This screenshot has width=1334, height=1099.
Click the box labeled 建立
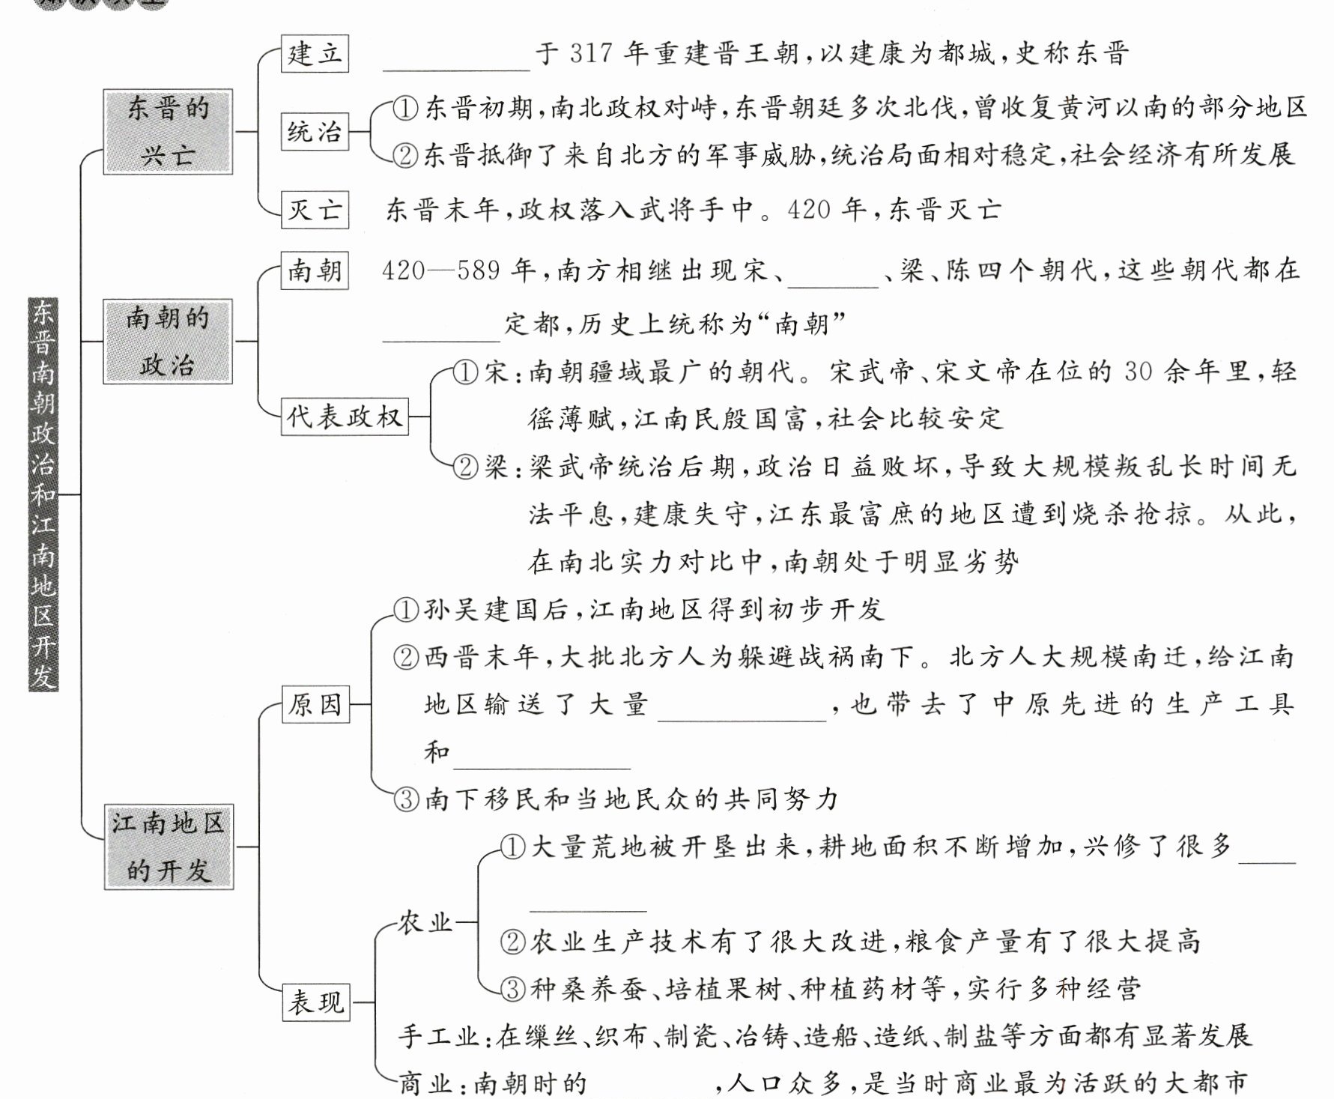(315, 54)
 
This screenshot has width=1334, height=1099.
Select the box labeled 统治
(315, 132)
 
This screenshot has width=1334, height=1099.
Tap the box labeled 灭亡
(315, 209)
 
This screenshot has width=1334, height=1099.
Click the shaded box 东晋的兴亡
(168, 132)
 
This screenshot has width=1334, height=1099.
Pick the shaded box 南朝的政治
(168, 342)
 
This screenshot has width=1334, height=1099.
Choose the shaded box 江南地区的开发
(169, 847)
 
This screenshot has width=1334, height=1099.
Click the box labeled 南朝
(315, 270)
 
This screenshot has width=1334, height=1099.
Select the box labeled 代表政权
(345, 417)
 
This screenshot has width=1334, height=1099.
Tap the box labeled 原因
(315, 704)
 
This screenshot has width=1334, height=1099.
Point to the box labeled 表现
(315, 1002)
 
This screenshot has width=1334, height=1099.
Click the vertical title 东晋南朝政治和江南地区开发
(43, 494)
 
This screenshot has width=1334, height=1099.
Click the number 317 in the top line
(591, 54)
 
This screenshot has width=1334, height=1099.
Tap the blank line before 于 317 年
(456, 60)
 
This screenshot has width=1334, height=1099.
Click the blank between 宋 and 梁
(834, 276)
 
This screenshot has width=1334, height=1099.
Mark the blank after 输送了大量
(742, 710)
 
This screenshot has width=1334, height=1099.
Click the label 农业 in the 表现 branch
(425, 922)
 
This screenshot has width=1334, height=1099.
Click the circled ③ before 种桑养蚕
(512, 989)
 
